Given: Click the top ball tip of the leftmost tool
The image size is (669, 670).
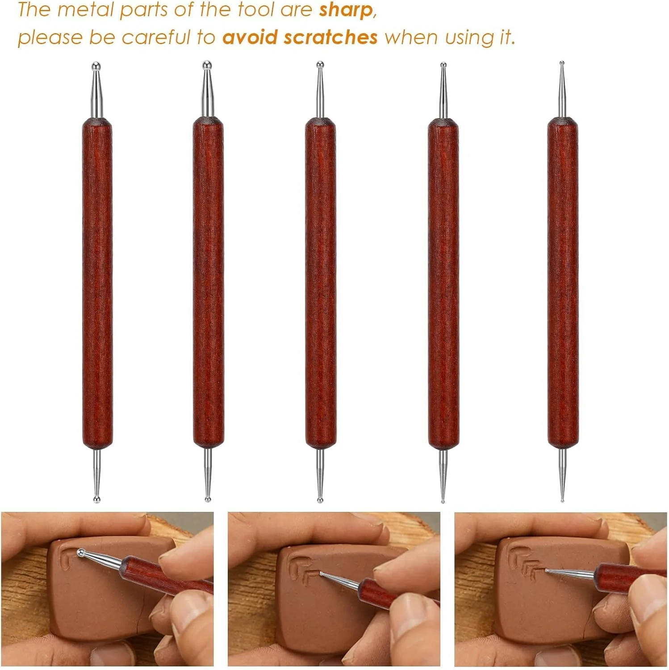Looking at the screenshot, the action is tap(96, 67).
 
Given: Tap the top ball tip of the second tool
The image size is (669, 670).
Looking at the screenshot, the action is tap(206, 65).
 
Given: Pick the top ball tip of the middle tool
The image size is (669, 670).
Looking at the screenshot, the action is tap(320, 65).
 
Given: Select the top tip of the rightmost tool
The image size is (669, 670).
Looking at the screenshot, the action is tap(562, 63).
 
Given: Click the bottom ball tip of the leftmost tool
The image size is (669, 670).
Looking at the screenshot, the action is tap(96, 499).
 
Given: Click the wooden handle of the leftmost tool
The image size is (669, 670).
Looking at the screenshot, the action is tap(97, 284).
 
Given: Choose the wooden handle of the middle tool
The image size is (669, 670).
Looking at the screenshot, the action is tap(321, 284).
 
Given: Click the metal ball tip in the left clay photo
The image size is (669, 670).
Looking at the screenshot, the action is tap(81, 553).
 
